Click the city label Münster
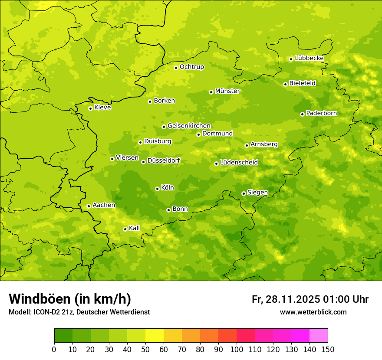(x=227, y=91)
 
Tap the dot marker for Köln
(x=157, y=189)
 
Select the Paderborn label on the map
(x=321, y=113)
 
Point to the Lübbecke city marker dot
(x=291, y=59)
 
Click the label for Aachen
(x=104, y=205)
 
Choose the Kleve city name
(x=102, y=108)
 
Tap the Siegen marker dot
(x=244, y=193)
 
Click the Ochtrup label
(x=191, y=67)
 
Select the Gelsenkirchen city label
(x=189, y=126)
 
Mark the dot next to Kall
(x=125, y=229)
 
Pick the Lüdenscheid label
(x=239, y=163)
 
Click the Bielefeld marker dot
(x=285, y=84)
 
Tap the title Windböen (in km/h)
(x=69, y=299)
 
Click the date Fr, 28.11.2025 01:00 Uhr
(x=310, y=299)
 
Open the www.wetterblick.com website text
(x=313, y=312)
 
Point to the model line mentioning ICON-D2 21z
(x=79, y=312)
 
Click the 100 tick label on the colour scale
(x=237, y=349)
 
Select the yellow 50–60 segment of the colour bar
(x=155, y=336)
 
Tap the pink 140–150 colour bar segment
(x=319, y=336)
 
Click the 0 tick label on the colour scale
(x=54, y=349)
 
